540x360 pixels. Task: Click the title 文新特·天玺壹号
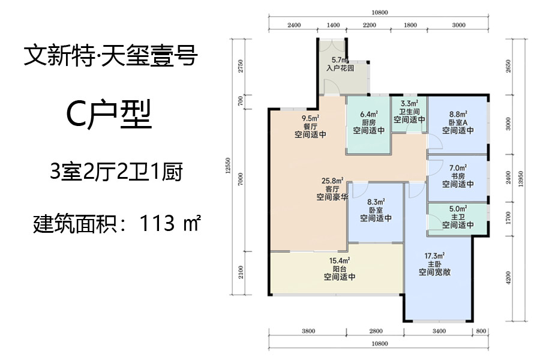click(x=111, y=56)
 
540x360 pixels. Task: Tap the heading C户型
click(x=109, y=115)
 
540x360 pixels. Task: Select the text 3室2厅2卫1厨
click(x=116, y=172)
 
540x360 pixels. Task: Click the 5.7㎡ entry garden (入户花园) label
click(x=340, y=64)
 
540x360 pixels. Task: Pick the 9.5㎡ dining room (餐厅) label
click(x=310, y=127)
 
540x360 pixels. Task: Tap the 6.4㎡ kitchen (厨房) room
click(x=368, y=125)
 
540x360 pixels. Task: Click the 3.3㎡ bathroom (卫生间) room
click(x=409, y=114)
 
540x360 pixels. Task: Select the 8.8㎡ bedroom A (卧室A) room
click(x=457, y=125)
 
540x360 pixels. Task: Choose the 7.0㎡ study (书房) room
click(x=457, y=178)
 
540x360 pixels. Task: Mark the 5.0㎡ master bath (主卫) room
click(x=457, y=220)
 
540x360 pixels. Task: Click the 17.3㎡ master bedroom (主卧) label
click(x=434, y=264)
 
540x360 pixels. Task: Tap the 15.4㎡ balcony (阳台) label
click(x=340, y=269)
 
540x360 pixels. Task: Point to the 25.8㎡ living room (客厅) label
click(x=332, y=189)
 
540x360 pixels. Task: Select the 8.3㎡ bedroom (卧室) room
click(x=376, y=212)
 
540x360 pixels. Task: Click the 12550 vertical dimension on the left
click(x=227, y=166)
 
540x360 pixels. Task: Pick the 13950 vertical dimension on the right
click(x=521, y=179)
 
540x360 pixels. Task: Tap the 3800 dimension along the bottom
click(x=308, y=331)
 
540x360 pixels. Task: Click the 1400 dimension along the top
click(x=333, y=25)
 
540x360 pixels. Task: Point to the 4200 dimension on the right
click(x=509, y=278)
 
